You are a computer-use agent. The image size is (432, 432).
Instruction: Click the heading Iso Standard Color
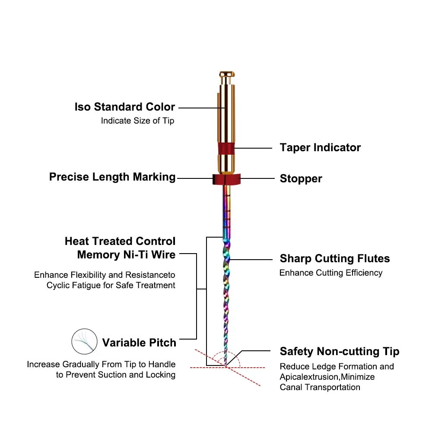(125, 107)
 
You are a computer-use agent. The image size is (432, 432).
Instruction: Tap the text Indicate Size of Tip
(137, 121)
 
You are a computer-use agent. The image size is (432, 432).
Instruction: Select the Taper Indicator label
(320, 148)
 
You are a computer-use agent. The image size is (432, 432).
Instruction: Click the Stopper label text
(301, 178)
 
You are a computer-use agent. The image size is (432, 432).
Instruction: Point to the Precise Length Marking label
(112, 177)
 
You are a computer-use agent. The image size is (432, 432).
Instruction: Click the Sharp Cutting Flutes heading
(335, 258)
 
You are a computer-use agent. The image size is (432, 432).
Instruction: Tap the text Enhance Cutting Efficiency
(331, 273)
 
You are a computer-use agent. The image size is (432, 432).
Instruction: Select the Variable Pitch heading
(139, 343)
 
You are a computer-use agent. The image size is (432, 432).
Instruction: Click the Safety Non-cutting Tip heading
(340, 352)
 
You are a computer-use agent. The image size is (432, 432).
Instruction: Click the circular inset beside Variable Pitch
(84, 341)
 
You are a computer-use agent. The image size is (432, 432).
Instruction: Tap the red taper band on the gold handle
(226, 149)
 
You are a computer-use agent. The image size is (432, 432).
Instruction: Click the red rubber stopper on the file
(226, 179)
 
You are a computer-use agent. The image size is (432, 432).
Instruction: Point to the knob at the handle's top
(227, 74)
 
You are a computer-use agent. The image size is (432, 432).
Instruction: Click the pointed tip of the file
(226, 366)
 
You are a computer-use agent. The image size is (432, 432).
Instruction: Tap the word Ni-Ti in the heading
(136, 254)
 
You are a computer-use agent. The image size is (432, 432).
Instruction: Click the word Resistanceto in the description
(150, 275)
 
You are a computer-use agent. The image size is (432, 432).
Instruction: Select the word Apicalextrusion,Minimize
(327, 377)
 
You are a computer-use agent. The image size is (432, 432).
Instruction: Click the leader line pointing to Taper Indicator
(253, 148)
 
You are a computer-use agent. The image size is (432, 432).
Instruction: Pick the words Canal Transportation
(320, 388)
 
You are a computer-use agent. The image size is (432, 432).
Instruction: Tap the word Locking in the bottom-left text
(161, 375)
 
